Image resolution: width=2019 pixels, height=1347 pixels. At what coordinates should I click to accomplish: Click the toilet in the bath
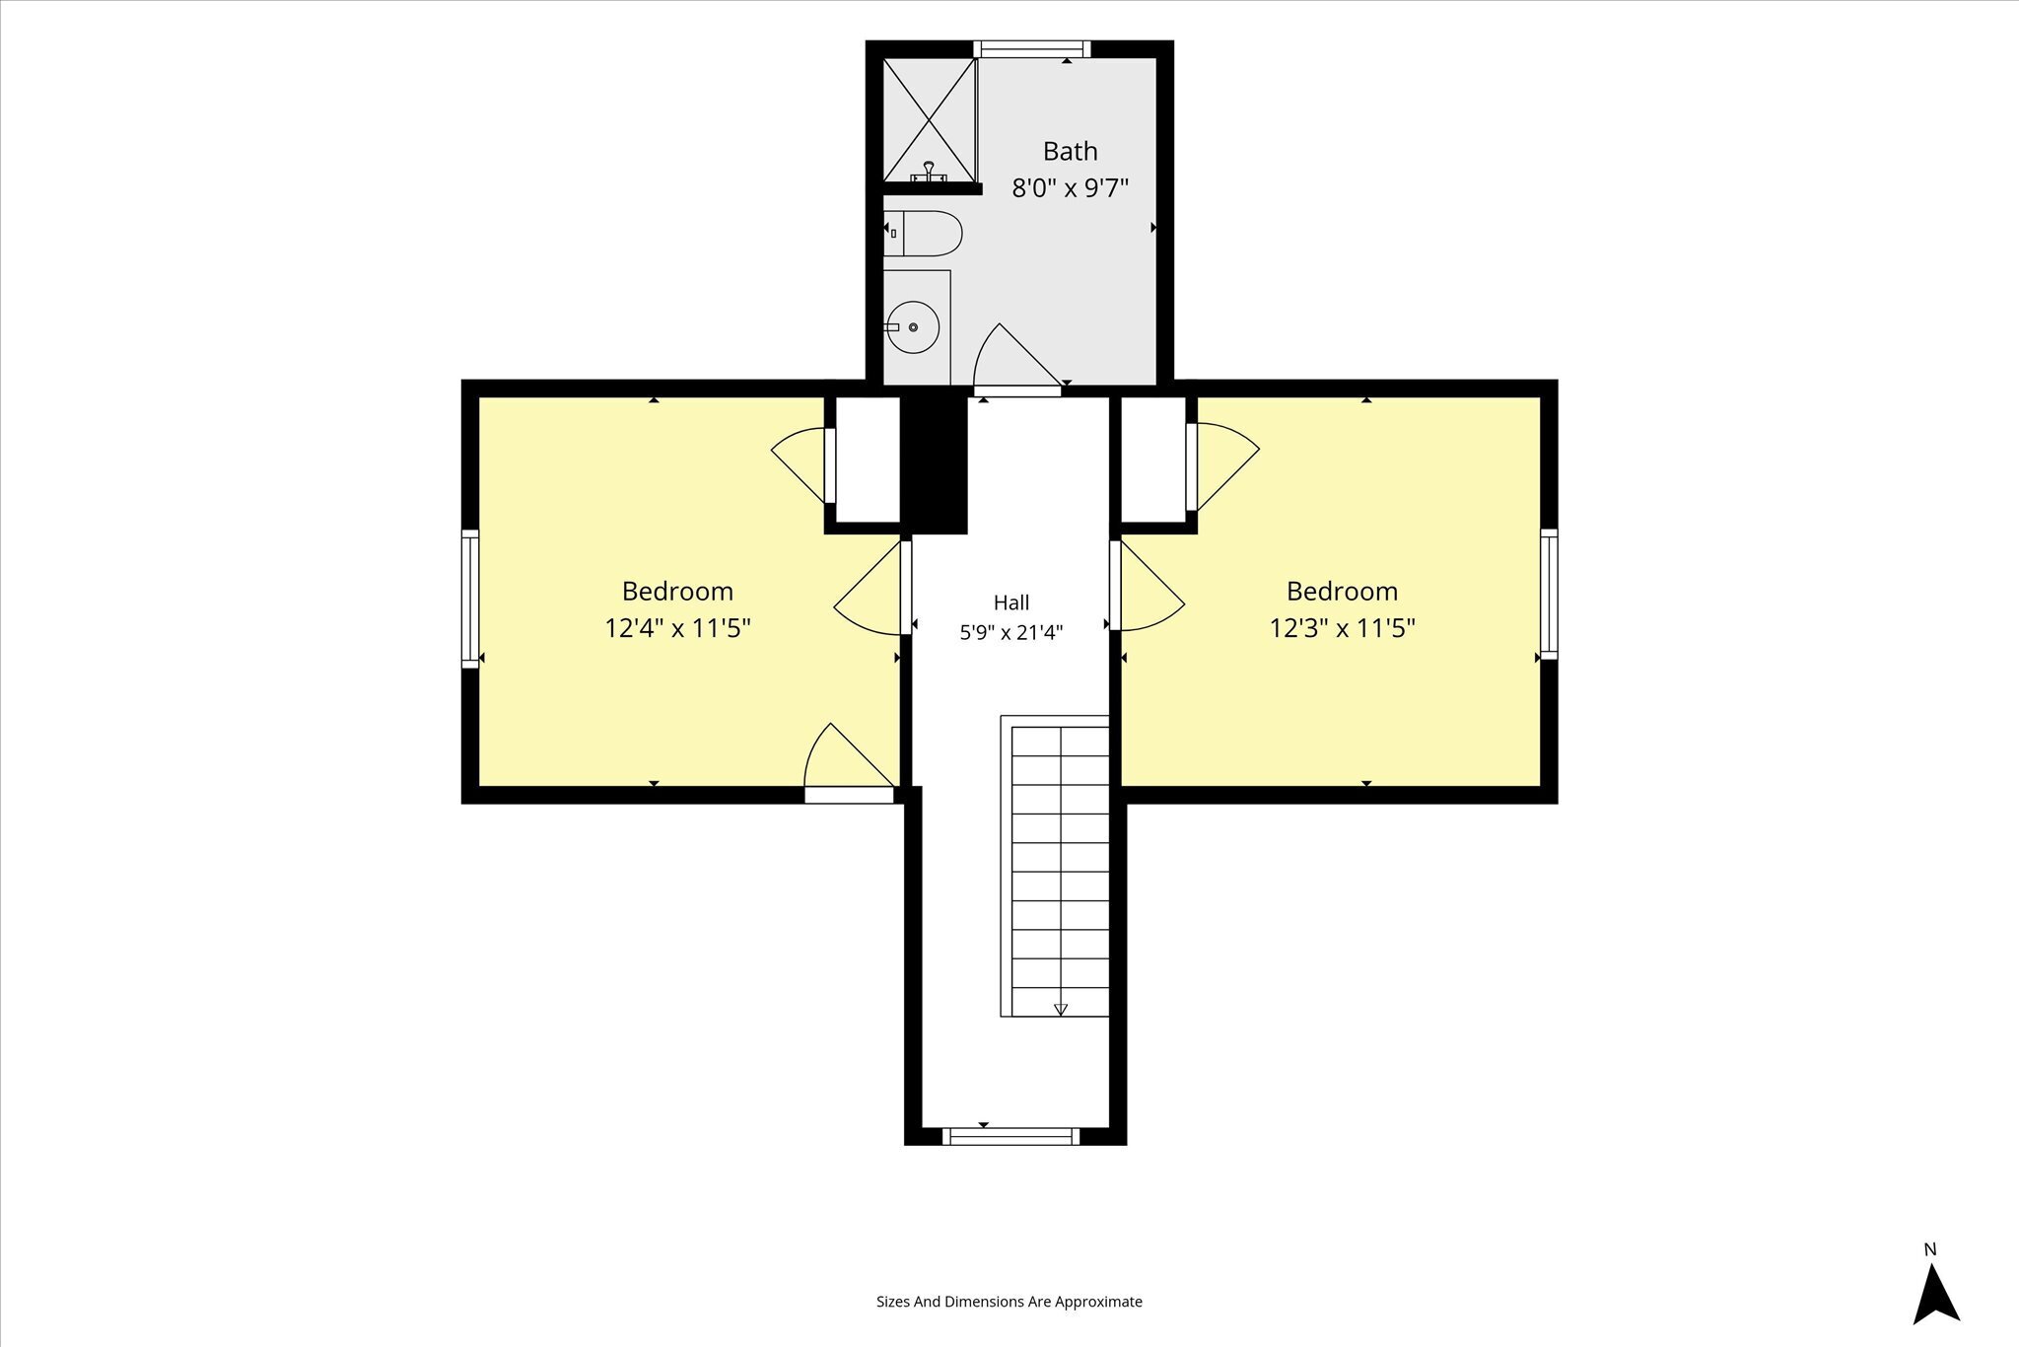point(922,234)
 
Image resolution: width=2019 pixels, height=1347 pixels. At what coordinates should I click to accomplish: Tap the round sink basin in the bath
point(913,327)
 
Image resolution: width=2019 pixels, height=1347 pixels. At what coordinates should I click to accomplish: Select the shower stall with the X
point(929,120)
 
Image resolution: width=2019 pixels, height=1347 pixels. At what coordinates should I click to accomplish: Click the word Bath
point(1070,151)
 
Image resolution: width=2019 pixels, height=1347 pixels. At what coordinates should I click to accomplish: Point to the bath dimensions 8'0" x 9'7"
point(1070,187)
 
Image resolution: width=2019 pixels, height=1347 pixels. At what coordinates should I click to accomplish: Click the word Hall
point(1011,603)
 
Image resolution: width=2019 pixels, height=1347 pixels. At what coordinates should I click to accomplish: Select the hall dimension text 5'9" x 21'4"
point(1011,632)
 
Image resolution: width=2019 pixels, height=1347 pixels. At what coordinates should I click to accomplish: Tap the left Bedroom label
point(677,591)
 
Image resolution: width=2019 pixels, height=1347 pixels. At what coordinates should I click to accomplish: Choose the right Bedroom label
point(1342,591)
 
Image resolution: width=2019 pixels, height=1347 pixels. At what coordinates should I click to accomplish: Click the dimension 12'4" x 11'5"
point(677,628)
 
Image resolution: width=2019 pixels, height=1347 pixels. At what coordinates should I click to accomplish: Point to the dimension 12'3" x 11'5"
point(1342,628)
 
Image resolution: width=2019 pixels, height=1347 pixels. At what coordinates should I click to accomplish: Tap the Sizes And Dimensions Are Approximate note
point(1009,1301)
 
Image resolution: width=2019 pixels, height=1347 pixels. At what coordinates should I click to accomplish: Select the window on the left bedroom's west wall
point(470,599)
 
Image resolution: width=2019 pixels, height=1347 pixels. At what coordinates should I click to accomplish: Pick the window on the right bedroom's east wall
point(1549,594)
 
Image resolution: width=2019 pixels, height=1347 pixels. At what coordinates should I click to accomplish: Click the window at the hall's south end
point(1011,1136)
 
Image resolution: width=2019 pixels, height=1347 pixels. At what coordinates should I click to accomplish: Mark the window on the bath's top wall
point(1032,49)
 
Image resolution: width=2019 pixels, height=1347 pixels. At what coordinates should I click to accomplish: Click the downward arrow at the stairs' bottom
point(1061,1009)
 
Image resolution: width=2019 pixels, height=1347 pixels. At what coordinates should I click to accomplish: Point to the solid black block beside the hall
point(934,464)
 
